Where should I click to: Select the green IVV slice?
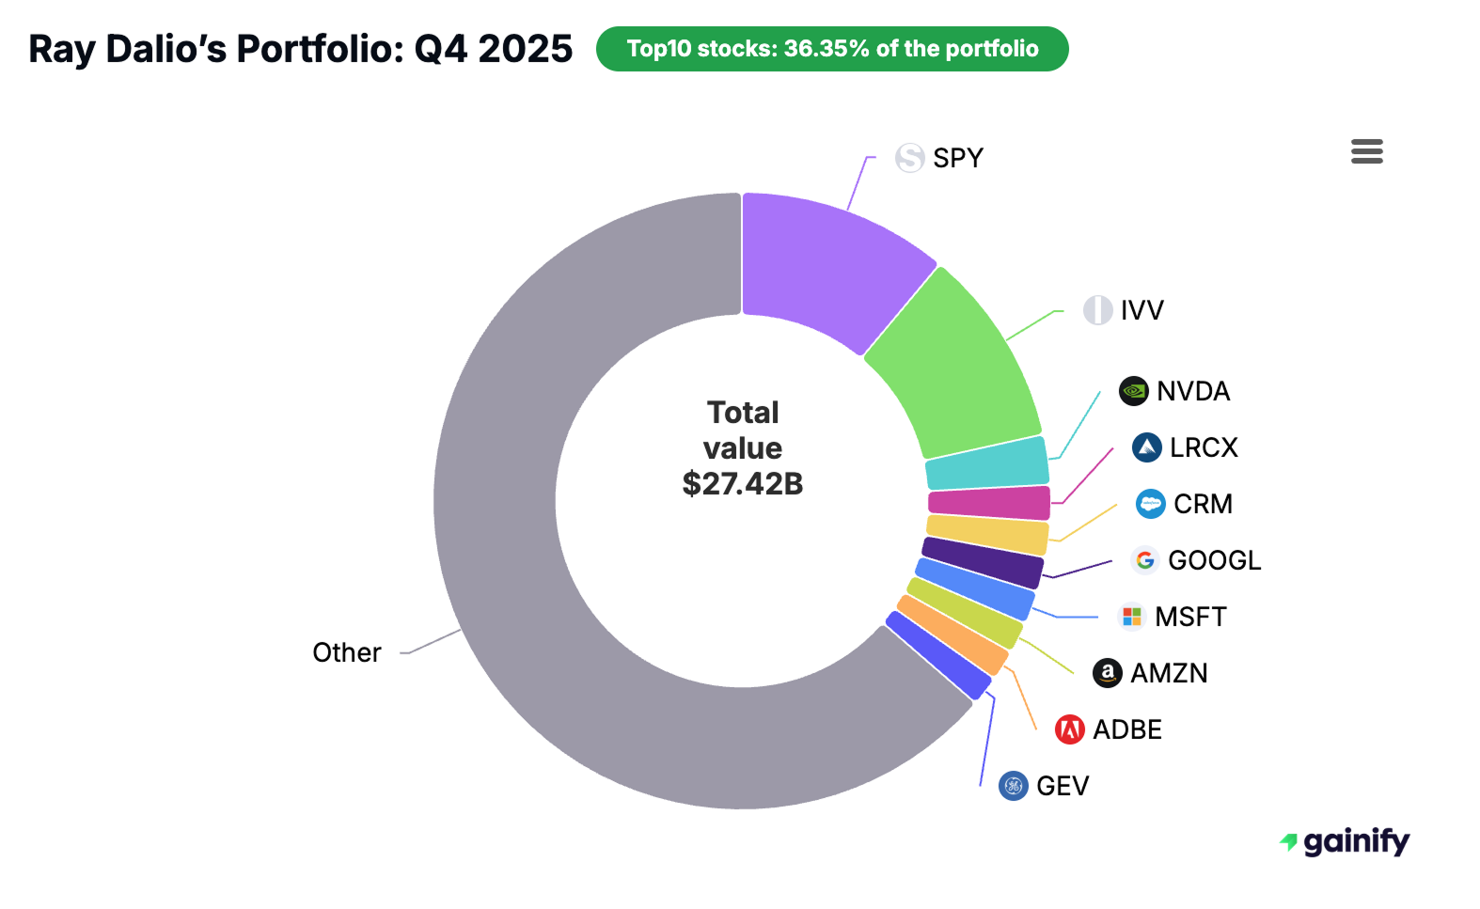(954, 367)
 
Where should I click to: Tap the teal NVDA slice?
(987, 462)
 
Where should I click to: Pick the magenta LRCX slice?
(989, 503)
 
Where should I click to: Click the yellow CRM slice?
(987, 534)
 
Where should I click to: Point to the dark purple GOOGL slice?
(983, 562)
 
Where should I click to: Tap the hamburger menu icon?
(1366, 151)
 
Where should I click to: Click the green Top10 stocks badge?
(832, 49)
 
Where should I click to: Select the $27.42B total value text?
(743, 484)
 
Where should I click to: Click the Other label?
(347, 652)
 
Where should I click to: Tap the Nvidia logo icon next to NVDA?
(1133, 391)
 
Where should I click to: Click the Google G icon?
(1144, 560)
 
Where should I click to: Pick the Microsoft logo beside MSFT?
(1131, 617)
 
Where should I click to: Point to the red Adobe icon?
(1069, 729)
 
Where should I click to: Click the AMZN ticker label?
(1169, 673)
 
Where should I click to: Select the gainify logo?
(1346, 841)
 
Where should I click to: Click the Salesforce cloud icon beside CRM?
(1150, 504)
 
